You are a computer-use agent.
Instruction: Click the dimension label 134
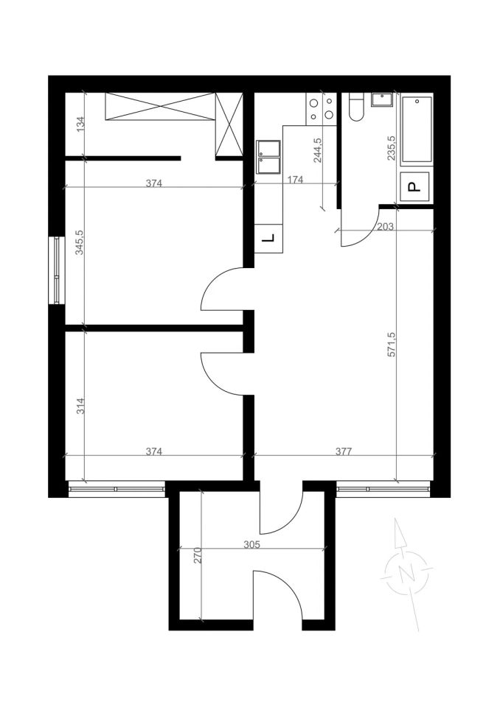point(80,124)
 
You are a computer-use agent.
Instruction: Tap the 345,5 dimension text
point(80,242)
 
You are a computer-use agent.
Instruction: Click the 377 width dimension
point(344,451)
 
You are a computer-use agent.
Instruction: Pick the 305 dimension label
point(251,544)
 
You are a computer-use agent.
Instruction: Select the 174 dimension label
point(295,180)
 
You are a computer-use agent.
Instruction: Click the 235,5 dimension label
point(392,148)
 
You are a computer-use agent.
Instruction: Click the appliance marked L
point(268,238)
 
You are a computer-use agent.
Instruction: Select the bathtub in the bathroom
point(417,130)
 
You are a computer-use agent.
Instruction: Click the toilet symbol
point(356,107)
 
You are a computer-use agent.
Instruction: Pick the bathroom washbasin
point(382,99)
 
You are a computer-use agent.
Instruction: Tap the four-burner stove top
point(321,108)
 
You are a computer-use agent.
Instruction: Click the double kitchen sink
point(268,157)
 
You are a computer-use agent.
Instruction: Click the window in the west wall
point(57,270)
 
